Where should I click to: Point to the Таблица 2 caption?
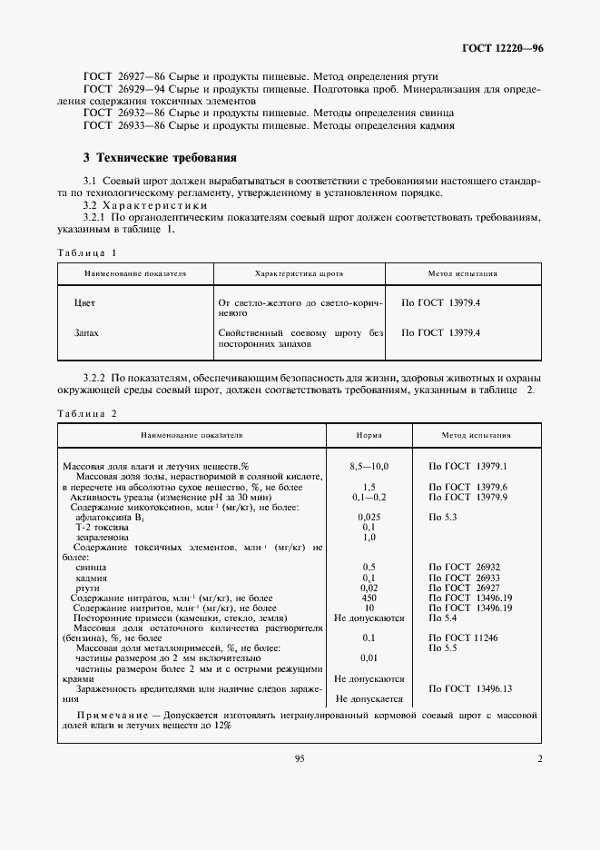coord(86,413)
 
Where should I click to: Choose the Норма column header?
coord(369,435)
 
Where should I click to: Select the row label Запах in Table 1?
coord(86,333)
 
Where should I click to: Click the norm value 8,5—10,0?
coord(369,466)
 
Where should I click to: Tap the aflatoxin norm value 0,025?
coord(369,516)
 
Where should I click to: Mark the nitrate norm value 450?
coord(369,598)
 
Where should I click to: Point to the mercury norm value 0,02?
coord(369,588)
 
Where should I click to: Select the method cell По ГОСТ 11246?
coord(465,638)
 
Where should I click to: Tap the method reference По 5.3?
coord(442,516)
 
